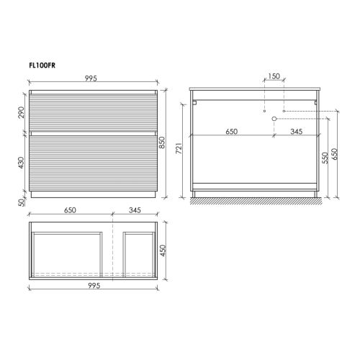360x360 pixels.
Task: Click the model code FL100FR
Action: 42,66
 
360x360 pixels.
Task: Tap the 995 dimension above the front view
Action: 91,78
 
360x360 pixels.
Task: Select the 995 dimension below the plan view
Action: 94,286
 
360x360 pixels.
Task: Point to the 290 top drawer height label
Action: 22,112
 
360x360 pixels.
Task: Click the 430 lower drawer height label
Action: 22,163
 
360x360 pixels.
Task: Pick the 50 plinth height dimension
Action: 22,202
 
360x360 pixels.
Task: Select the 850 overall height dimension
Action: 163,143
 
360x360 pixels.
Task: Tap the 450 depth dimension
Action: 163,251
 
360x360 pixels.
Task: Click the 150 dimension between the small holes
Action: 274,76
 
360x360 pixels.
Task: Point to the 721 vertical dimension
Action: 179,148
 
